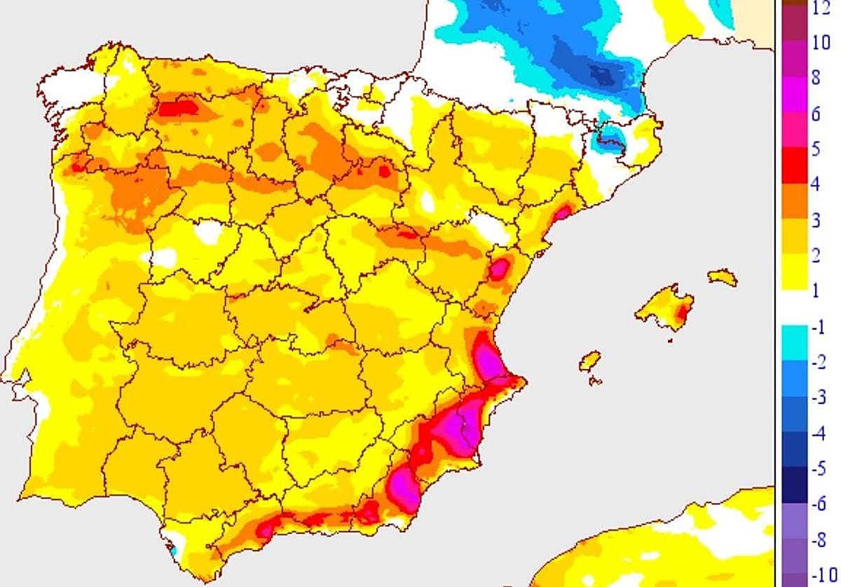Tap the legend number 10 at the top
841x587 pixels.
(x=821, y=43)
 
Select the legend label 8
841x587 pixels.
(x=815, y=78)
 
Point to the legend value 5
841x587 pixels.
(x=815, y=149)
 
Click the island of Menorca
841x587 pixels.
(x=723, y=278)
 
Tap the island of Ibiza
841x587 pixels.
(x=590, y=361)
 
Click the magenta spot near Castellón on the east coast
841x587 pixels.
(x=499, y=269)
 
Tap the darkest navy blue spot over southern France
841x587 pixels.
(x=601, y=73)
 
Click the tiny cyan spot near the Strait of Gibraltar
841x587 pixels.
(x=173, y=552)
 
